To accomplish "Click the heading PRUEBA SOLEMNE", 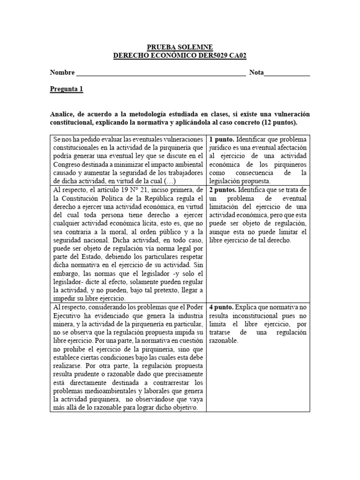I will click(x=180, y=47).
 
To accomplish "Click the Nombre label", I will click(x=62, y=73).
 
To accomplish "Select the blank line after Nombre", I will click(x=160, y=74).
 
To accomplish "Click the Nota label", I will click(x=256, y=73).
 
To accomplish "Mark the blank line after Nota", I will click(x=287, y=74).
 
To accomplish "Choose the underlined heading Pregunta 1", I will click(x=67, y=90).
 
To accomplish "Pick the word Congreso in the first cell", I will click(x=68, y=165).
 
